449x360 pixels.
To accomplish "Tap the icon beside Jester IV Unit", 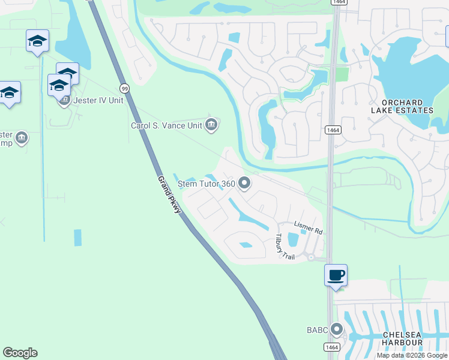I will [64, 100].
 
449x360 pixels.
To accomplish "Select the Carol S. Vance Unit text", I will [167, 125].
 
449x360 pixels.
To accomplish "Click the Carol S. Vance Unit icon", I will [211, 125].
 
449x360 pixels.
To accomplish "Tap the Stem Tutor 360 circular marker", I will [244, 183].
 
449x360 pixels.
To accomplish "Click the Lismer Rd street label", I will [309, 227].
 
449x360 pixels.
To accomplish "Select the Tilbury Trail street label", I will [285, 247].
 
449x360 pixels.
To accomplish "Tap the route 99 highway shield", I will [124, 88].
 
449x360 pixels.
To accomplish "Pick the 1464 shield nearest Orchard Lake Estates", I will [333, 130].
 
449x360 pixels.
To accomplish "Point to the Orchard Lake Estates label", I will [406, 107].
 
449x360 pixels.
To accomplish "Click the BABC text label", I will [316, 330].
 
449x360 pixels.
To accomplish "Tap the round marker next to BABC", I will [336, 329].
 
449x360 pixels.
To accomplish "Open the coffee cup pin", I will [336, 275].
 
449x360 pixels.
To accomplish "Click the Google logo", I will [20, 353].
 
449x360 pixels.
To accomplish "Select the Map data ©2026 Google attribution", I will [412, 355].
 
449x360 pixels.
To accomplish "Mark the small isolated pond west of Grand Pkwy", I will [78, 238].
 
